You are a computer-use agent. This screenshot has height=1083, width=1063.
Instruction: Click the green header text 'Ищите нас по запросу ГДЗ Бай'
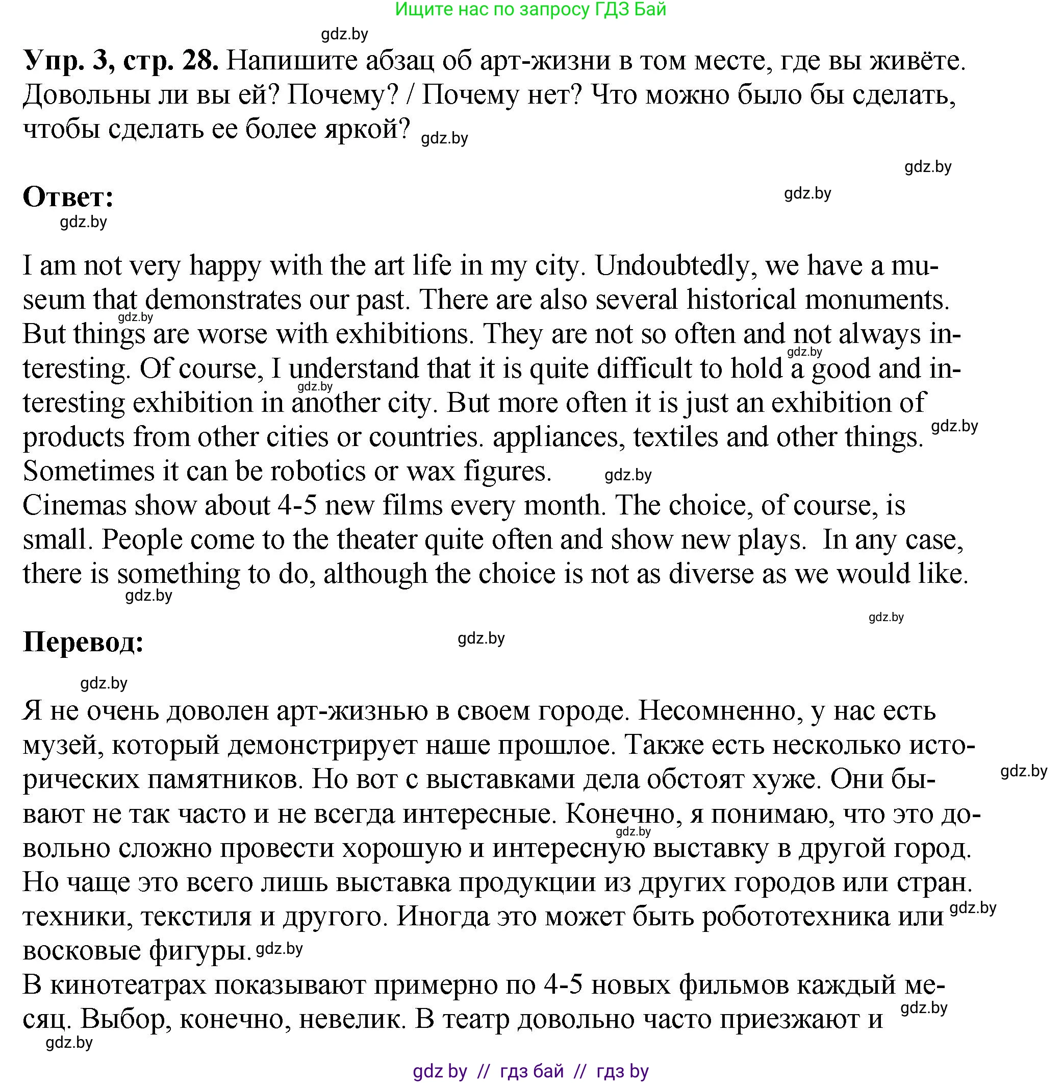(x=530, y=9)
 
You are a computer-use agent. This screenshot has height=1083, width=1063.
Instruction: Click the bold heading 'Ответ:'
(x=68, y=196)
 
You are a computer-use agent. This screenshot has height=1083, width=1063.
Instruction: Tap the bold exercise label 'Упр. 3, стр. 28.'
(x=120, y=60)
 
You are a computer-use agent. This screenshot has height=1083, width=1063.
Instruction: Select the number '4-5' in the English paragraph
(x=297, y=505)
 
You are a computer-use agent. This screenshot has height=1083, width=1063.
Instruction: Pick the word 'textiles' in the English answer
(x=675, y=437)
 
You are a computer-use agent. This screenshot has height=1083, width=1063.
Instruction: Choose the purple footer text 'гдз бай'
(x=531, y=1071)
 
